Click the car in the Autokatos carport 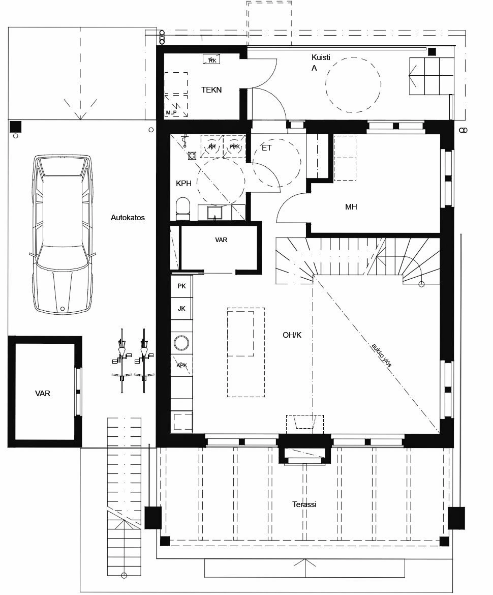coord(63,234)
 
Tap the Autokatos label coord(128,218)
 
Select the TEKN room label coord(211,90)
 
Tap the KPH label coord(183,184)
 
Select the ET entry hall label coord(266,148)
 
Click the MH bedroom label coord(351,207)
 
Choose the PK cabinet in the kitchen coord(181,286)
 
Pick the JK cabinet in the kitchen coord(181,308)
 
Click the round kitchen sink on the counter coord(181,343)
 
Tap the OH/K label coord(292,335)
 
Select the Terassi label coord(304,504)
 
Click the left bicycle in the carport coord(121,360)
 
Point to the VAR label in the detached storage coord(43,394)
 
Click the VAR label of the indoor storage coord(221,240)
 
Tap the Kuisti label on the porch coord(321,57)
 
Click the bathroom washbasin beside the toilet coord(215,212)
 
